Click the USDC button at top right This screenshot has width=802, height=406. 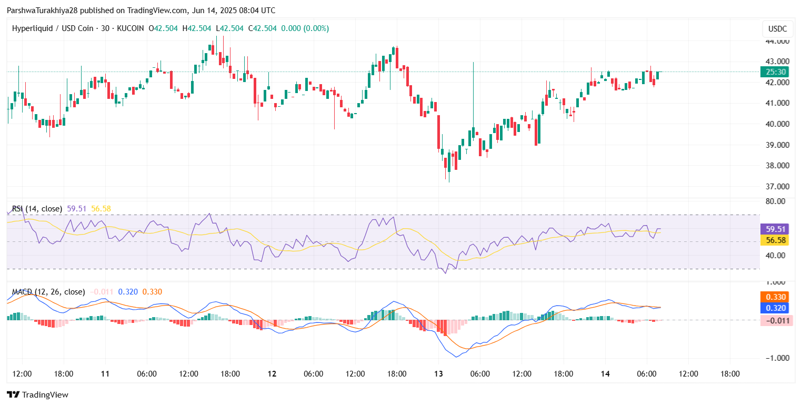click(x=777, y=28)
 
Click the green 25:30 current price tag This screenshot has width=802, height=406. click(x=776, y=72)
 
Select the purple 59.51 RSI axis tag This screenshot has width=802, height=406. click(x=776, y=229)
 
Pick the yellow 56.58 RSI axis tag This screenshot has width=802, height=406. click(x=776, y=240)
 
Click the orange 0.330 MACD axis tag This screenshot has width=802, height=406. click(x=776, y=297)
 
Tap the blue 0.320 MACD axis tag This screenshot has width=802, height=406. click(x=776, y=308)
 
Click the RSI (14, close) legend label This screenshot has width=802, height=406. click(x=37, y=209)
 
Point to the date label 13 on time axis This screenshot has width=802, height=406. click(x=438, y=374)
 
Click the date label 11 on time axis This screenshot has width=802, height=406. click(x=105, y=374)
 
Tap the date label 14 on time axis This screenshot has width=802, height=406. click(x=605, y=374)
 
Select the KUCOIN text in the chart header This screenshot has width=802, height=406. click(x=129, y=28)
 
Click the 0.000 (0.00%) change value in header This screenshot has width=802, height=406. click(x=305, y=28)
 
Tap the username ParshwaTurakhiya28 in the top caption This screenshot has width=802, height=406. click(x=42, y=11)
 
